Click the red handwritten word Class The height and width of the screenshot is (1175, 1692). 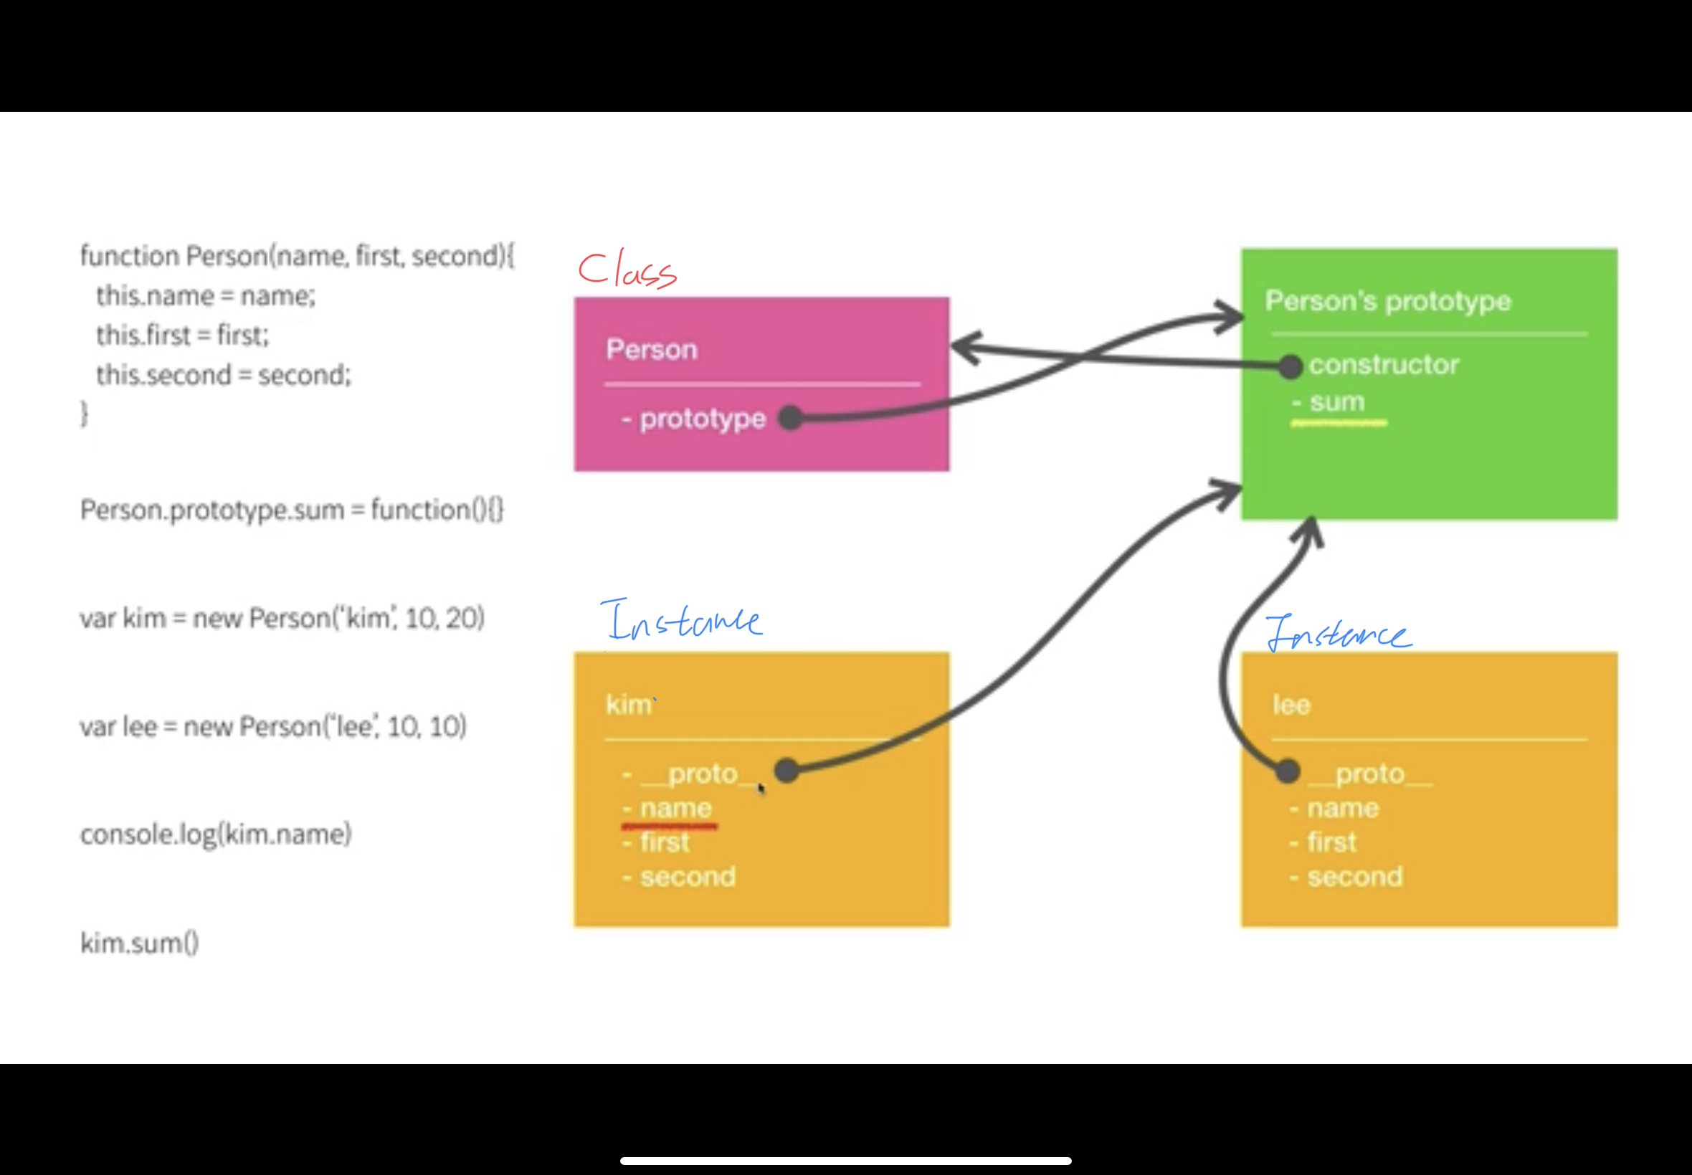coord(627,270)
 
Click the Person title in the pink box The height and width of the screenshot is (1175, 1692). coord(651,350)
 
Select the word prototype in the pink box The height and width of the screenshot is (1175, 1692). coord(703,419)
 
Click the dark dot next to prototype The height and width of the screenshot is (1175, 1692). coord(790,418)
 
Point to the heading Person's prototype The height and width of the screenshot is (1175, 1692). coord(1387,301)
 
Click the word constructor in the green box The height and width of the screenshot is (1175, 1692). coord(1384,365)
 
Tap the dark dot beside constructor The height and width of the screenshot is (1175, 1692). coord(1290,366)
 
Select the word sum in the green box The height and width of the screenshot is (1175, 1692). coord(1337,402)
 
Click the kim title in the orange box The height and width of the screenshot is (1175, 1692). coord(628,705)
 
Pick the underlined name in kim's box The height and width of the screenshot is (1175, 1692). coord(675,809)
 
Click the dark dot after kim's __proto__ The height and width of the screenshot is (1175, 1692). coord(786,771)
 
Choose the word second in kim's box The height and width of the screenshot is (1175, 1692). coord(688,877)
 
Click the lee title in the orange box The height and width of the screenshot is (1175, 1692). coord(1291,705)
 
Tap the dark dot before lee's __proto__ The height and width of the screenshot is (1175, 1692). coord(1287,771)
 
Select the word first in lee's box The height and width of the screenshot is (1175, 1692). coord(1331,842)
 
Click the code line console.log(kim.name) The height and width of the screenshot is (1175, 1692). coord(216,835)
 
